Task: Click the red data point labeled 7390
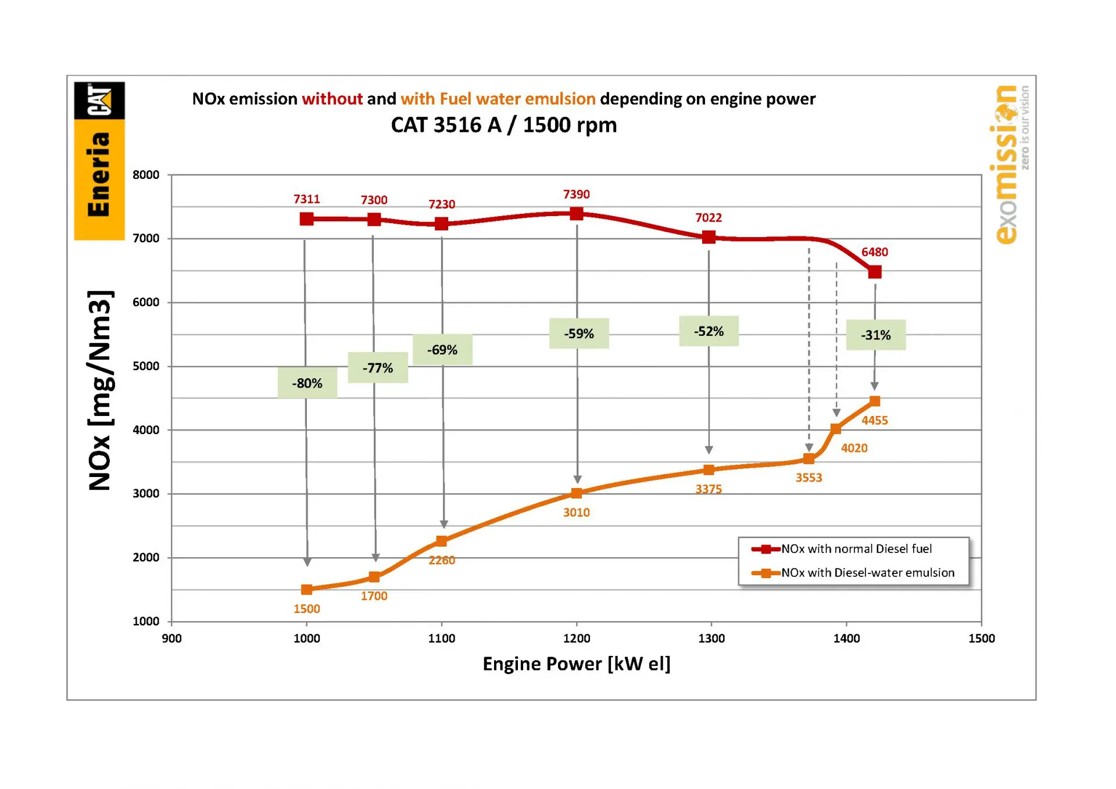pos(577,214)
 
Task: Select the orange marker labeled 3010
pos(577,493)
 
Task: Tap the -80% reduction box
pos(307,383)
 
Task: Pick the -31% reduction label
pos(875,335)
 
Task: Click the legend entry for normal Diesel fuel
pos(856,548)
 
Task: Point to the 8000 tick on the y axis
pos(146,175)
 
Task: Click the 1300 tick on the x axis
pos(711,638)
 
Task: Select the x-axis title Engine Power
pos(576,664)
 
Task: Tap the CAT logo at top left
pos(99,101)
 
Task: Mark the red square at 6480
pos(875,272)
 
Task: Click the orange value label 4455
pos(875,420)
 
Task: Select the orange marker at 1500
pos(307,590)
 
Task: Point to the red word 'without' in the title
pos(332,99)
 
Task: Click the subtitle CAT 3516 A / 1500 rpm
pos(503,125)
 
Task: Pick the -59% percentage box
pos(579,333)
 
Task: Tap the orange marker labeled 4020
pos(836,429)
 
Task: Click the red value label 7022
pos(709,217)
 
